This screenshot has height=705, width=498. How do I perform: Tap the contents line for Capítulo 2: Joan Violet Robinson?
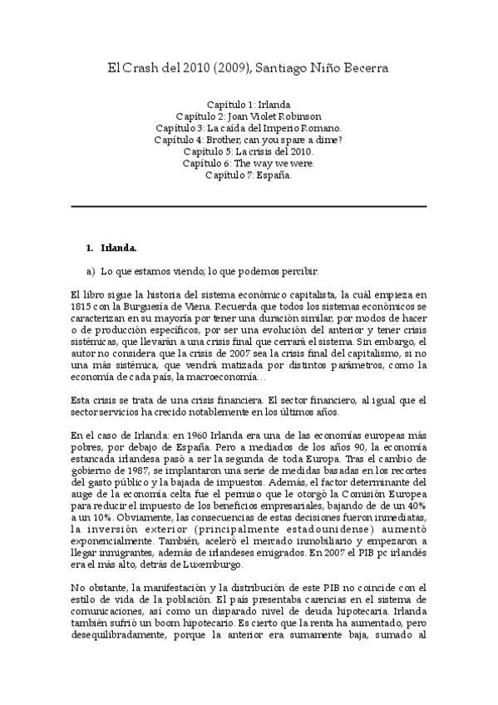[249, 116]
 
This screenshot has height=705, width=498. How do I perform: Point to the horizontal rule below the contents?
[249, 206]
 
